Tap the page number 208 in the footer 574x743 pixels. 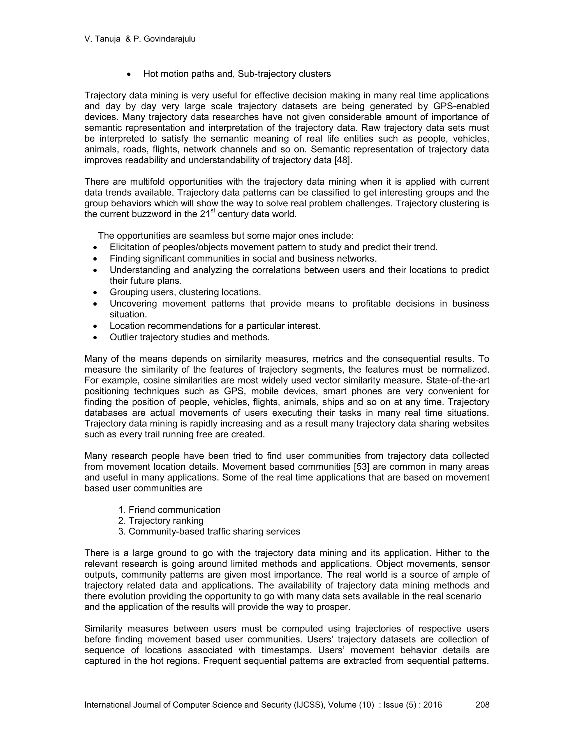coord(482,705)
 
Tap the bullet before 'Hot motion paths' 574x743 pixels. coord(129,74)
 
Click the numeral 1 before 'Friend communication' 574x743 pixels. coord(121,510)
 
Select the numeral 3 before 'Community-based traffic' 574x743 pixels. coord(121,531)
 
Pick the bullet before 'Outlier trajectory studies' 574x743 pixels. coord(95,338)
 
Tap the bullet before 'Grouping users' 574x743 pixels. coord(95,292)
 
